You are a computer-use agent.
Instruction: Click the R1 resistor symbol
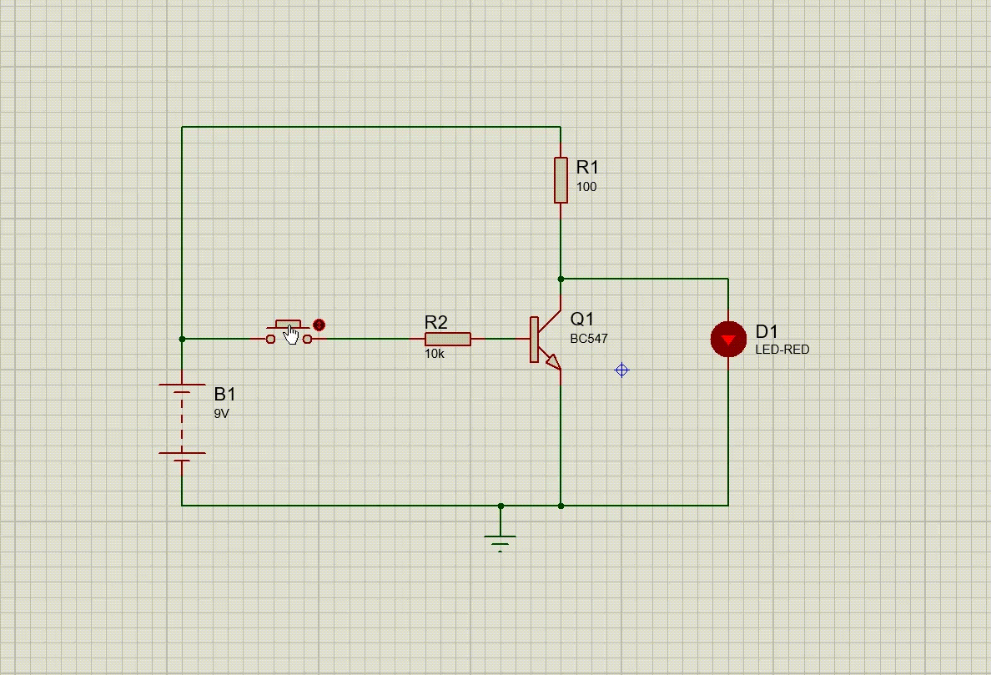click(561, 179)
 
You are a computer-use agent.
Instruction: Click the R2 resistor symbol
click(447, 339)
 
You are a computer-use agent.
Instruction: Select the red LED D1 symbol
click(728, 340)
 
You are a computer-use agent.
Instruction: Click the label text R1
click(587, 168)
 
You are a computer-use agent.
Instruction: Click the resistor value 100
click(586, 187)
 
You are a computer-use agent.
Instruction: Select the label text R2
click(435, 322)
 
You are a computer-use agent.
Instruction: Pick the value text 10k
click(435, 355)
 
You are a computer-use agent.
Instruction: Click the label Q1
click(582, 319)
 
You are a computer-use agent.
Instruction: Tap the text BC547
click(589, 339)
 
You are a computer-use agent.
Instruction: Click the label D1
click(767, 332)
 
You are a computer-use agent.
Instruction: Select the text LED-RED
click(782, 350)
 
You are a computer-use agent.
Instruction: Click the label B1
click(225, 394)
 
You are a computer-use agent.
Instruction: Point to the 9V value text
click(221, 413)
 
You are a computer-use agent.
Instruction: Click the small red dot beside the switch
click(319, 325)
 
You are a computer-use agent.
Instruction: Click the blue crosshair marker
click(621, 370)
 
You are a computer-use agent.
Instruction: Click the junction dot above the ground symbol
click(501, 506)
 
